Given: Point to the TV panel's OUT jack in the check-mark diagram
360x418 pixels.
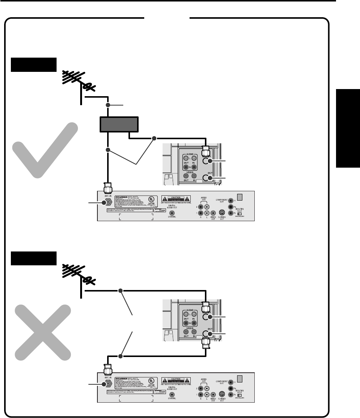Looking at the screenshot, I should coord(205,178).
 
